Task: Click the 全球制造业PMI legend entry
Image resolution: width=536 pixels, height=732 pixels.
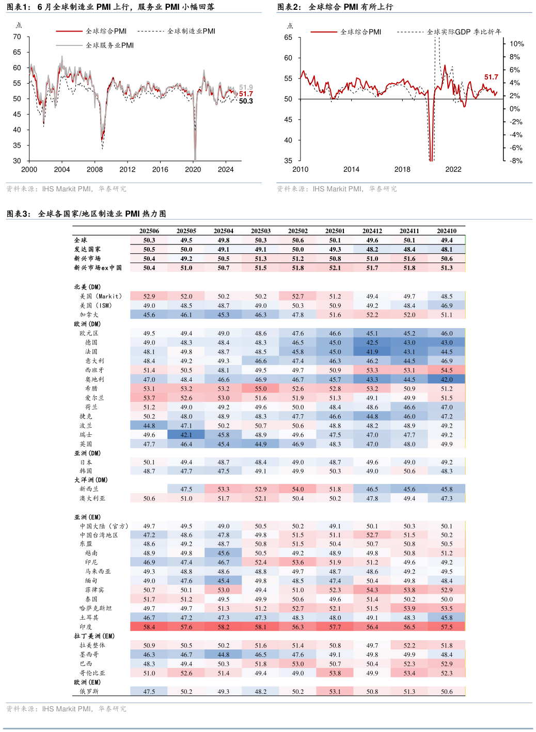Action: [191, 31]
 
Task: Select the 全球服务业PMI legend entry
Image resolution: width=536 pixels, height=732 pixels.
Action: [109, 45]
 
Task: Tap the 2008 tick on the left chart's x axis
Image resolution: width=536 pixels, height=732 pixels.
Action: [94, 169]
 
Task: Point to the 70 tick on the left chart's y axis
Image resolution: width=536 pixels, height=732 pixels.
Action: [17, 37]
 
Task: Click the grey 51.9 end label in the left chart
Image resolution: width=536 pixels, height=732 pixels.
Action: [246, 87]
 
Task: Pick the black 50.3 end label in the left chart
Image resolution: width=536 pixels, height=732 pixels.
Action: [246, 101]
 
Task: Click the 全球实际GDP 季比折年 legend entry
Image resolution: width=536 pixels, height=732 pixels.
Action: [464, 32]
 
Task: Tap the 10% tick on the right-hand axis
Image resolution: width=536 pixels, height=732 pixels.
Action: [516, 44]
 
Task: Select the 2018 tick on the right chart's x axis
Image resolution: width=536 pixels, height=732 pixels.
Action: [402, 169]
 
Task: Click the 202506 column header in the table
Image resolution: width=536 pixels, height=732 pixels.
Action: [149, 231]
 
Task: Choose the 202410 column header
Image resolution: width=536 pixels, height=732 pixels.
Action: [447, 231]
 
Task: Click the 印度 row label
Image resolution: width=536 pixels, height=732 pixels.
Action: [86, 627]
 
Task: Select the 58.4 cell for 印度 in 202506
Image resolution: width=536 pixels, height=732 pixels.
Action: [149, 627]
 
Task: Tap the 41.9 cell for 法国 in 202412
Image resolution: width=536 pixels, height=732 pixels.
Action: [372, 352]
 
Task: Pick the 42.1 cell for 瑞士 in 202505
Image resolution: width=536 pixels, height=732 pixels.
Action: [186, 435]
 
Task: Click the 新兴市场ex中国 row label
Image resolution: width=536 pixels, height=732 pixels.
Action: [98, 268]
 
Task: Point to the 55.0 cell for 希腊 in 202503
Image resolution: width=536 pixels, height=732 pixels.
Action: [261, 389]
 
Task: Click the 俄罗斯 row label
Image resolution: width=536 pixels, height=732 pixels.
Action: [89, 691]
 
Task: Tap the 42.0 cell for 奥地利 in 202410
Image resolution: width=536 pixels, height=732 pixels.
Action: [447, 380]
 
